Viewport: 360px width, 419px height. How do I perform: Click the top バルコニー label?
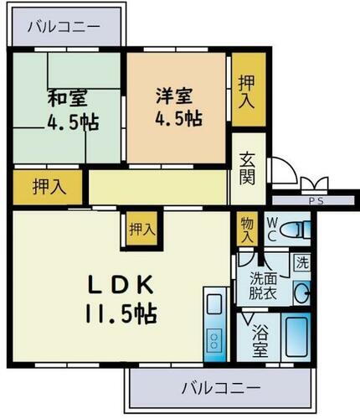point(64,27)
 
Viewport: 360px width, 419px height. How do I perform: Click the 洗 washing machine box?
point(301,261)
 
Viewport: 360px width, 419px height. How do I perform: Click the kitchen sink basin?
point(214,303)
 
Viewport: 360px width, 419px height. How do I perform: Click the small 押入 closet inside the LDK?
point(140,228)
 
